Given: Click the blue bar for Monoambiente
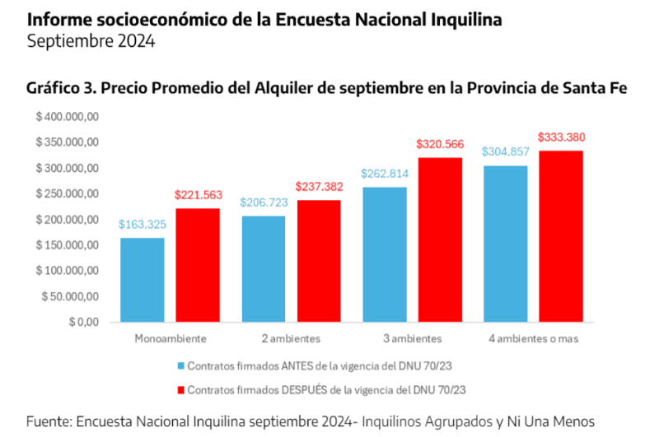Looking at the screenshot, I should pyautogui.click(x=142, y=280).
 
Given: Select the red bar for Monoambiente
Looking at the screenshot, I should pyautogui.click(x=198, y=265).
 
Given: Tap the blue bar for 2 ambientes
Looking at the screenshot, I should pyautogui.click(x=263, y=268).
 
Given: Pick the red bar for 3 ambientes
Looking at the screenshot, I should pyautogui.click(x=440, y=239).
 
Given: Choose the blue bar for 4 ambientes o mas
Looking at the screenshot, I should pyautogui.click(x=505, y=244).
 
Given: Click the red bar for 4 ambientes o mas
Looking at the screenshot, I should pyautogui.click(x=561, y=236).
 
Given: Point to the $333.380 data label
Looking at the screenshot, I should pyautogui.click(x=561, y=137).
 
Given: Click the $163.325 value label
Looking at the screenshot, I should pyautogui.click(x=142, y=224).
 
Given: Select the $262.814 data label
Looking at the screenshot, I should pyautogui.click(x=384, y=173).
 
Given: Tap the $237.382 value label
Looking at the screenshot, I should pyautogui.click(x=319, y=187).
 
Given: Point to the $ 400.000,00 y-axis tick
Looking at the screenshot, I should pyautogui.click(x=68, y=117).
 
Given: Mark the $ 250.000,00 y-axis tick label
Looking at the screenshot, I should pyautogui.click(x=68, y=194).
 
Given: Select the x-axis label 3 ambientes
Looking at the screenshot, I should pyautogui.click(x=412, y=338).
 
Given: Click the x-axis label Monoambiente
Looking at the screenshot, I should pyautogui.click(x=170, y=338).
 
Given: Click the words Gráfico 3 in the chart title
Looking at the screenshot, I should pyautogui.click(x=58, y=89).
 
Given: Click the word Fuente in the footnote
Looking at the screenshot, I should pyautogui.click(x=47, y=421).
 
